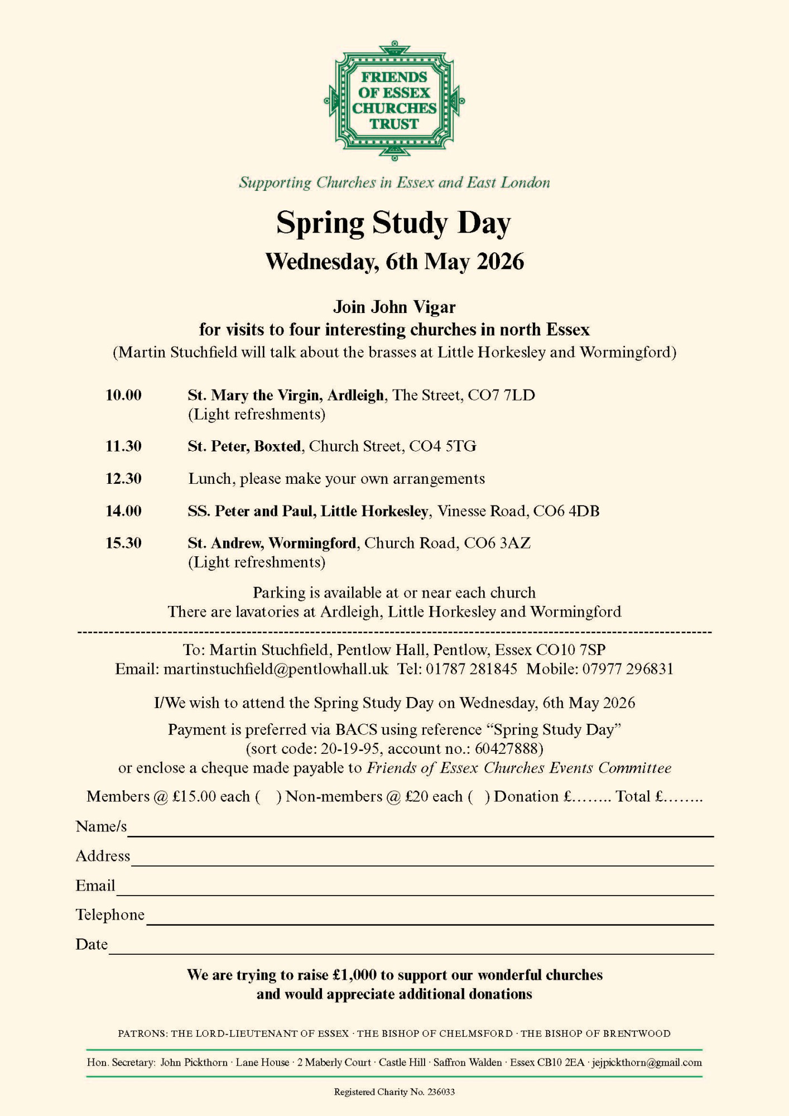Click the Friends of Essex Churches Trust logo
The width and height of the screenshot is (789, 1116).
pyautogui.click(x=394, y=101)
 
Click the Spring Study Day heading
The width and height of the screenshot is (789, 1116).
pyautogui.click(x=393, y=223)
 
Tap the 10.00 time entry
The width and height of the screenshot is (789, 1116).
pyautogui.click(x=123, y=395)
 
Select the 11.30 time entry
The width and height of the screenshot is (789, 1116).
pyautogui.click(x=123, y=446)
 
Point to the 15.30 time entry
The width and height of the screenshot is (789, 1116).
pyautogui.click(x=123, y=543)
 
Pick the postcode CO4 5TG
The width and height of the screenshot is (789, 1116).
pyautogui.click(x=442, y=446)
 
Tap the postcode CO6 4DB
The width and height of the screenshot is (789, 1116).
pyautogui.click(x=566, y=511)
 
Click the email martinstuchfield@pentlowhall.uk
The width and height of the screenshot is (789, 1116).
pyautogui.click(x=276, y=668)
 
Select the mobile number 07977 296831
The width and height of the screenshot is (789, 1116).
pyautogui.click(x=628, y=668)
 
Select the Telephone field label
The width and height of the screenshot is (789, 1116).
pyautogui.click(x=110, y=915)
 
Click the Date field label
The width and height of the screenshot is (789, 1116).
pyautogui.click(x=92, y=944)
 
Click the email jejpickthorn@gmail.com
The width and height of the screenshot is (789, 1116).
pyautogui.click(x=647, y=1062)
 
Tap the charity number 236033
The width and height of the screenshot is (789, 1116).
pyautogui.click(x=441, y=1092)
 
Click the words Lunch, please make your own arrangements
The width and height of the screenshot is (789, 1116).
pyautogui.click(x=336, y=478)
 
